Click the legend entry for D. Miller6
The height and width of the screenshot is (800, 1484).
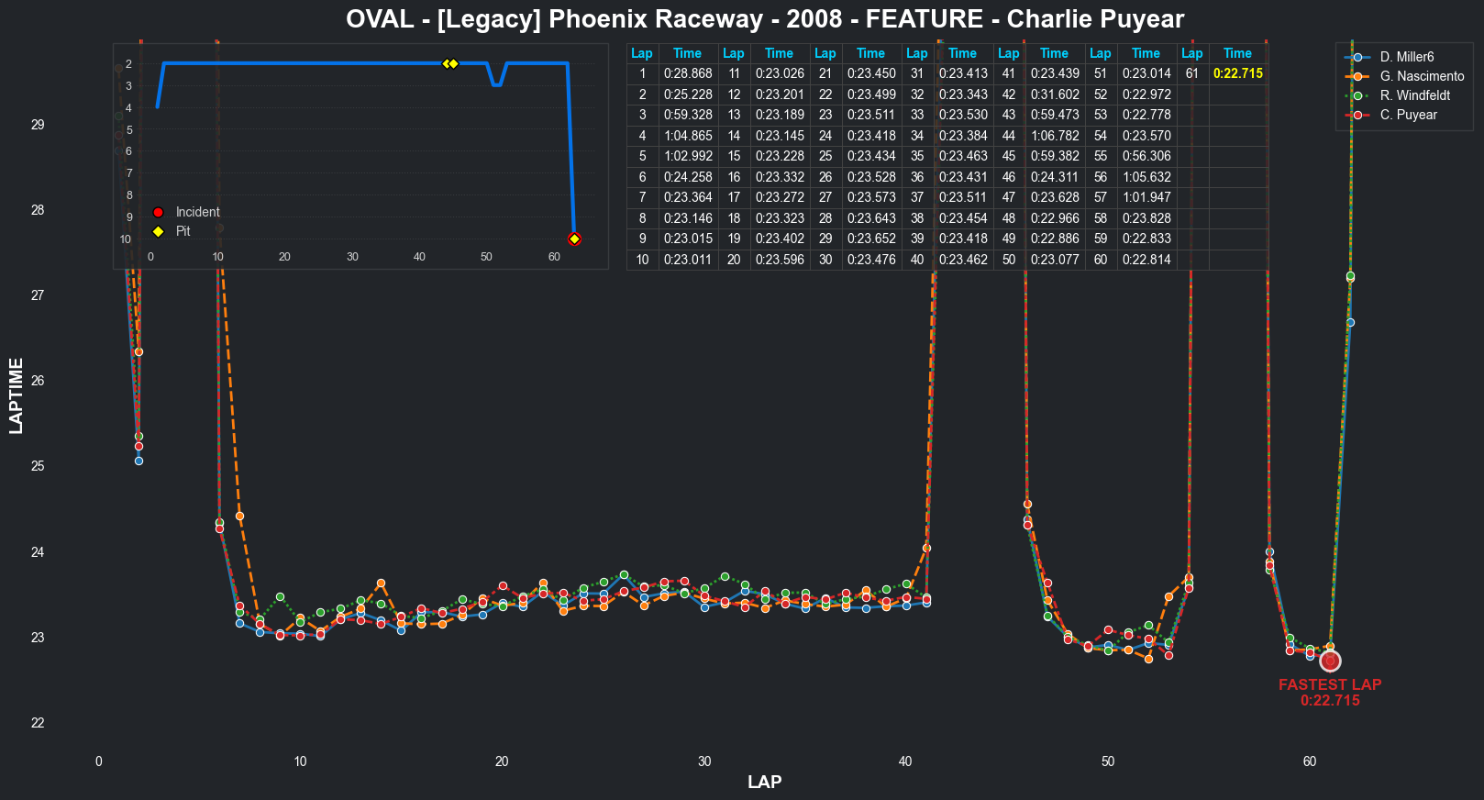(1406, 57)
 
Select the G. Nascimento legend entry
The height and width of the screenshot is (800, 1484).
(1422, 76)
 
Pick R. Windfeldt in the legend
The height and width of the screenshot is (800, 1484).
(1414, 95)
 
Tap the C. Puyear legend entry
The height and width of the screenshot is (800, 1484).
(1408, 115)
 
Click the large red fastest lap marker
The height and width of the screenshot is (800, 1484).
(1330, 661)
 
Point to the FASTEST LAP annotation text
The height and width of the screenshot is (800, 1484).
(1330, 684)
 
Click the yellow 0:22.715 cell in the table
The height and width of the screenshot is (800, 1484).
(1237, 73)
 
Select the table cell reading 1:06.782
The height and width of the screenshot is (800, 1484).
(1054, 136)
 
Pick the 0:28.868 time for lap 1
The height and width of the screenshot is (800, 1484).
(687, 73)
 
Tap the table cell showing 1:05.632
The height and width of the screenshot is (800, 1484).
(1146, 177)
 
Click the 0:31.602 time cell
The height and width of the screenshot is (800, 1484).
(1054, 94)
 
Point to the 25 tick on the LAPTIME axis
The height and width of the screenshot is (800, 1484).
(38, 466)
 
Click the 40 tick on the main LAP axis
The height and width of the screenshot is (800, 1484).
(905, 761)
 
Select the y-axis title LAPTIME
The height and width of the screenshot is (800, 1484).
(16, 395)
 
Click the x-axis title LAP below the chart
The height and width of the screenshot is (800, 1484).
(764, 783)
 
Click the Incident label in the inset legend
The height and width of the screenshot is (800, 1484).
(197, 212)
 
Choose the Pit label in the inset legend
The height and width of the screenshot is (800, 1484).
(183, 231)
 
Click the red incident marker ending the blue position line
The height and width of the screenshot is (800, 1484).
(574, 239)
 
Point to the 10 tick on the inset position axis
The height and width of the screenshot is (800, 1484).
(126, 239)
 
